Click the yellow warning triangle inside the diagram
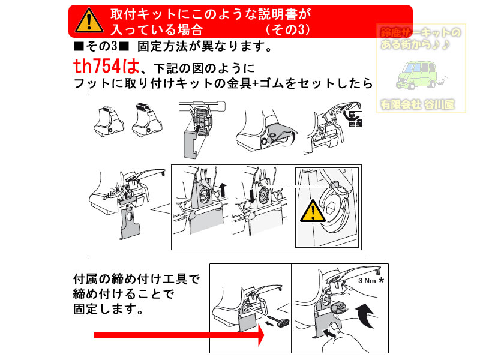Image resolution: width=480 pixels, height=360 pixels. click(312, 212)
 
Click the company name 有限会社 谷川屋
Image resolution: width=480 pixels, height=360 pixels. click(416, 104)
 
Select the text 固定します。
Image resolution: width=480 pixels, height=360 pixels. click(108, 311)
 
